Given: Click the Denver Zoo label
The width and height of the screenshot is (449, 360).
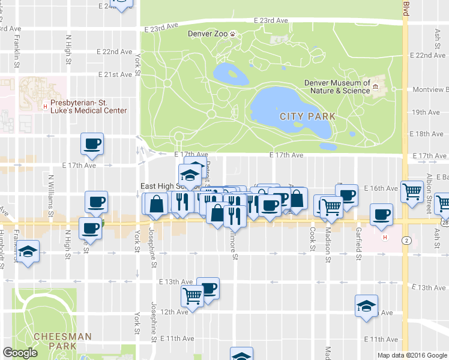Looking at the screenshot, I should (x=208, y=34).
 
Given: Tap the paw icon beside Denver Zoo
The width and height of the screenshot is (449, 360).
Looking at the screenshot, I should (x=234, y=34).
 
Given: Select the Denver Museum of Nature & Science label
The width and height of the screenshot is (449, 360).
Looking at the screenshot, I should (x=337, y=87).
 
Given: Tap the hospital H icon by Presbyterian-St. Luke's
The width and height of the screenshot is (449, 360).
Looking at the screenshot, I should (x=45, y=107).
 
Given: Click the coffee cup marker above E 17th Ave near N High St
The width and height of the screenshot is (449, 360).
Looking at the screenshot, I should (x=92, y=144).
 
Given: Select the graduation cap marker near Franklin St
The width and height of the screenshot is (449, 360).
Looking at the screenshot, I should (x=28, y=251).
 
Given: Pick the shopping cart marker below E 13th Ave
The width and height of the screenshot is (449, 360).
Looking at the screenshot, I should (x=192, y=295).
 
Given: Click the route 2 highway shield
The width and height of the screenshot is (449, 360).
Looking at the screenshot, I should (x=406, y=241).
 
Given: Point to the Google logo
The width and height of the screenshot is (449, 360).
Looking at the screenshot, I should (x=20, y=353).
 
